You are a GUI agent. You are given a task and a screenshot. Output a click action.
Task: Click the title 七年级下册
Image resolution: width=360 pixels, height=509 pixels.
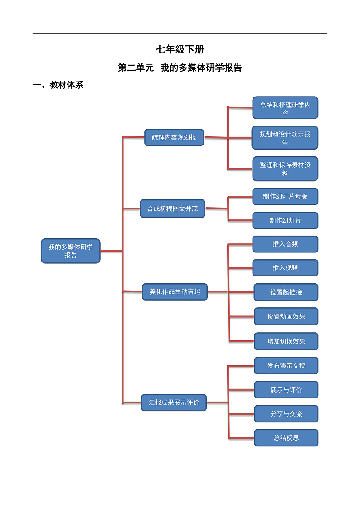click(x=180, y=49)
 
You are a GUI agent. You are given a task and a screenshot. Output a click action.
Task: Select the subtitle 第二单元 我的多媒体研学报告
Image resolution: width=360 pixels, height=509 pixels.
click(x=180, y=68)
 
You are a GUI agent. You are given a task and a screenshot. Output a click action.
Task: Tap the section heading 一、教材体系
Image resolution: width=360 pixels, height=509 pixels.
click(x=58, y=85)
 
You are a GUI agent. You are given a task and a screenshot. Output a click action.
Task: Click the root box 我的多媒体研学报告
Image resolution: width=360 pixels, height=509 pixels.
click(x=71, y=251)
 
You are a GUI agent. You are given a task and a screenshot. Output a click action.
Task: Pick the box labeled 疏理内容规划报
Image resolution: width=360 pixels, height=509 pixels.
click(x=174, y=137)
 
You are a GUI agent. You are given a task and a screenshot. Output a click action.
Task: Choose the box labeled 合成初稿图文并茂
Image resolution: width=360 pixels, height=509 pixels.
click(x=172, y=209)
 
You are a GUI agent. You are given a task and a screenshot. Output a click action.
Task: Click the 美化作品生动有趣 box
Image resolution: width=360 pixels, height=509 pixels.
click(x=175, y=291)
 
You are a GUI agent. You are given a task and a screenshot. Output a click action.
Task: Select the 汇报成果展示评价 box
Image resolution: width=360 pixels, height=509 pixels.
click(x=174, y=402)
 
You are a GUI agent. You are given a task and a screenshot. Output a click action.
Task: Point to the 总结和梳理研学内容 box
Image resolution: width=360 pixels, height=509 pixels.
click(x=285, y=108)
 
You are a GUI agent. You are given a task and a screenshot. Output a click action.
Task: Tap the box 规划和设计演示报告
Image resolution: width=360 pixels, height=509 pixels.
click(x=285, y=138)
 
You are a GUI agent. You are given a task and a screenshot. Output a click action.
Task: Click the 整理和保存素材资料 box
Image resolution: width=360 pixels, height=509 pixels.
click(x=285, y=169)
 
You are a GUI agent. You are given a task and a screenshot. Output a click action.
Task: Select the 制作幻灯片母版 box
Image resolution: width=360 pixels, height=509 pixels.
click(x=285, y=196)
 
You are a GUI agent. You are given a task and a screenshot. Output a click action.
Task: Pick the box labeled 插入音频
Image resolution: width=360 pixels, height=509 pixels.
click(x=285, y=244)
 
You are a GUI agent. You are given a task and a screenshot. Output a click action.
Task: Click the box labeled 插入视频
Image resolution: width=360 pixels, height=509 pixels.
click(x=285, y=267)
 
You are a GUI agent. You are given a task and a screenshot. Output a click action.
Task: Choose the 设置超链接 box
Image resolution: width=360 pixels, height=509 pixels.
click(x=286, y=292)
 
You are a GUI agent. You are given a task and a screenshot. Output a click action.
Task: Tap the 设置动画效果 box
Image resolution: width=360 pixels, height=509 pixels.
click(x=286, y=316)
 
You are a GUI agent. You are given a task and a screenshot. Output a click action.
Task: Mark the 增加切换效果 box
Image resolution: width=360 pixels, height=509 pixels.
click(x=286, y=341)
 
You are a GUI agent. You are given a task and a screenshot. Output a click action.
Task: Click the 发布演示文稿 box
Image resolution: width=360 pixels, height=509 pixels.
click(x=286, y=365)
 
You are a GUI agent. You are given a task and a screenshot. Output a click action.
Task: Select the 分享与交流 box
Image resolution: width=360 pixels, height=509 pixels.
click(x=286, y=413)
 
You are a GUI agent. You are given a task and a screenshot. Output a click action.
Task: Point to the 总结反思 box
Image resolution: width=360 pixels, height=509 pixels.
click(x=286, y=438)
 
